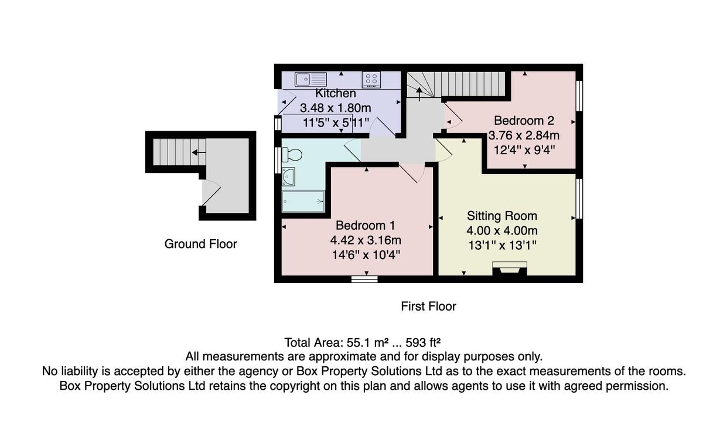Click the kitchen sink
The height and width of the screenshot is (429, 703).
[310, 79]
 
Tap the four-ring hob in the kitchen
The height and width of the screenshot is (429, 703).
[371, 80]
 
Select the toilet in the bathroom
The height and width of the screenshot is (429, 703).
[292, 155]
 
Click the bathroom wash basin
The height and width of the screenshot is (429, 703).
[288, 176]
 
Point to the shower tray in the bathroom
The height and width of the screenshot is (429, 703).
[303, 201]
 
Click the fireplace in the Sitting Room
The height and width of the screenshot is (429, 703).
[510, 268]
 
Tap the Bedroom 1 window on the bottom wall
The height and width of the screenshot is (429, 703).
[364, 279]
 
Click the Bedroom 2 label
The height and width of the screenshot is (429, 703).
[524, 121]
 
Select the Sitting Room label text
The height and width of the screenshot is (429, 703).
[502, 216]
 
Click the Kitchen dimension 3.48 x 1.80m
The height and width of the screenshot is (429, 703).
[336, 108]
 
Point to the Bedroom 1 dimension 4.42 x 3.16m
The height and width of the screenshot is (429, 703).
[366, 240]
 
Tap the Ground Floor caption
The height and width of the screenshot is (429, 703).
[200, 244]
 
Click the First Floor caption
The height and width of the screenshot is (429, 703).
[428, 306]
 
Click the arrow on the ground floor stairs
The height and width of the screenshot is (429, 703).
[199, 152]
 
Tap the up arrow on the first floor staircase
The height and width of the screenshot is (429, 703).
[419, 94]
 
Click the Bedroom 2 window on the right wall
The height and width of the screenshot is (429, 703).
[579, 96]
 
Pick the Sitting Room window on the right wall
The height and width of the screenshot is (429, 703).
[579, 199]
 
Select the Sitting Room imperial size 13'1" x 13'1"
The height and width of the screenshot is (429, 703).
[502, 246]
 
